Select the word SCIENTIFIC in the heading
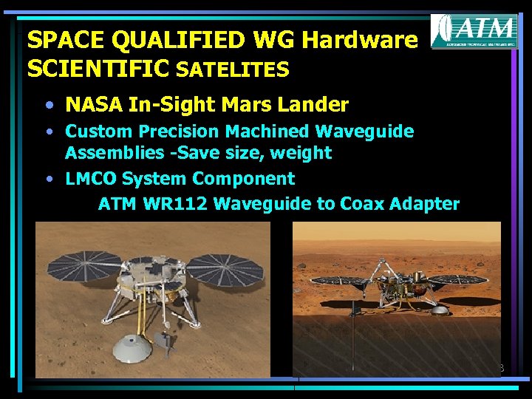coord(98,69)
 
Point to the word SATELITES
coord(233,69)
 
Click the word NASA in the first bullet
coord(94,104)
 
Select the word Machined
coord(267,132)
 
